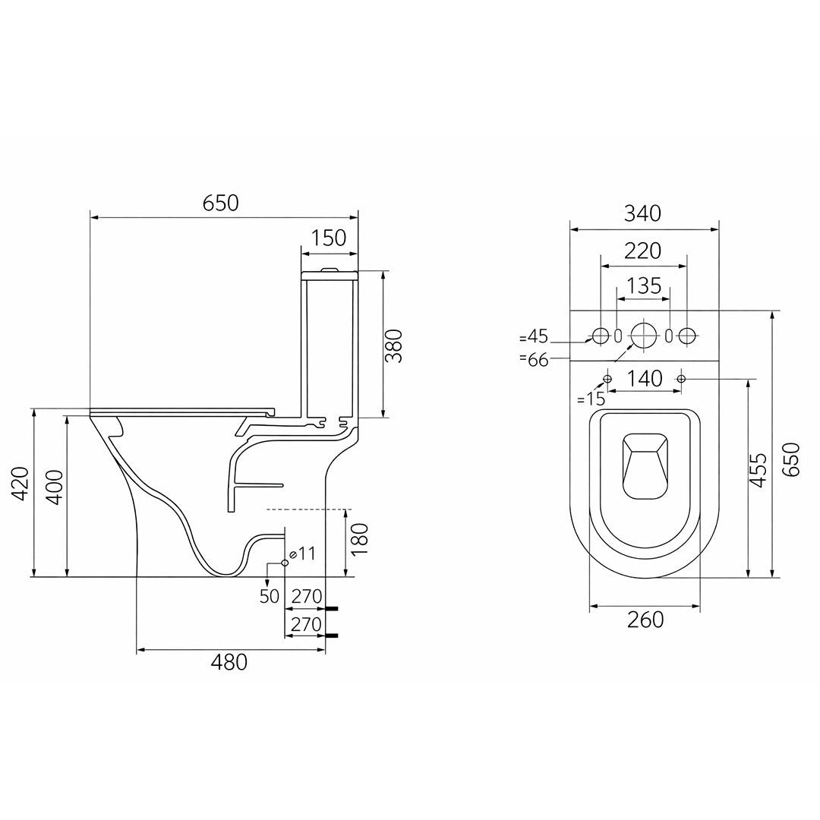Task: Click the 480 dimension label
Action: point(229,663)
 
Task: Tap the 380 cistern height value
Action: point(393,345)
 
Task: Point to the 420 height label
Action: point(21,483)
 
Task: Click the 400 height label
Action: point(55,487)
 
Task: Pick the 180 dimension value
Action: point(361,539)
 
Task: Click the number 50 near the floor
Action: point(270,596)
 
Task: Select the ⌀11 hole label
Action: point(302,553)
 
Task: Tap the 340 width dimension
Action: point(643,213)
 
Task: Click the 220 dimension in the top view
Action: point(643,251)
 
